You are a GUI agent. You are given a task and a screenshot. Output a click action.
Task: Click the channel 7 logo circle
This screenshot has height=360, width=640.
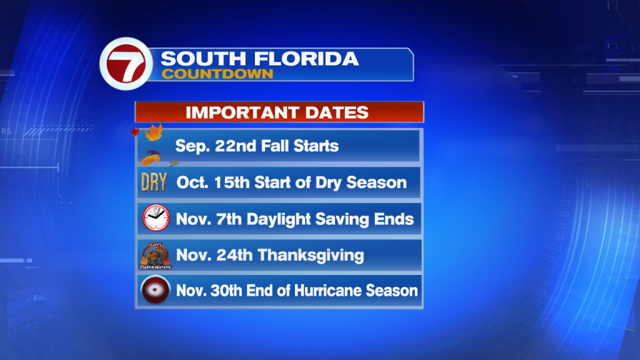coord(126,64)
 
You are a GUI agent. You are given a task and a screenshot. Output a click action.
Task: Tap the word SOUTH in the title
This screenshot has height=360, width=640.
coord(203,59)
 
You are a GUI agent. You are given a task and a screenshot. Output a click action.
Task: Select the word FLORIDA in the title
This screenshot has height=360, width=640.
coord(306,59)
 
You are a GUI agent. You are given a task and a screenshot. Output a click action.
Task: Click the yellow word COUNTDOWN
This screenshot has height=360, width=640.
coord(217,74)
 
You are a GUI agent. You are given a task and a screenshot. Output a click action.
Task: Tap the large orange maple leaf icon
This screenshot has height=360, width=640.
coord(154,132)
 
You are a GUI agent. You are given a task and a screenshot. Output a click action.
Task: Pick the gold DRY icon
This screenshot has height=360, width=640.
coord(154,182)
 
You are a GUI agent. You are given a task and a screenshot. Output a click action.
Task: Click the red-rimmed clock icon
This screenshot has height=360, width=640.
coord(156,217)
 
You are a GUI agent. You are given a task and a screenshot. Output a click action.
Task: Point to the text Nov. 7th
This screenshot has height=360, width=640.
coord(209,219)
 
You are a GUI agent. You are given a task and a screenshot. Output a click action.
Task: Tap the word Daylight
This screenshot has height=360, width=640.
coord(279,219)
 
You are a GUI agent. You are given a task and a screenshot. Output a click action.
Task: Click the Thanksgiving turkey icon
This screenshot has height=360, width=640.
coord(155,256)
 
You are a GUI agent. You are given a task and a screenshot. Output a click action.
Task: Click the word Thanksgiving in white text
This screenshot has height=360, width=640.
coord(311,256)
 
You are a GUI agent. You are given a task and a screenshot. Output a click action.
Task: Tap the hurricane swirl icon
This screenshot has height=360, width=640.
coord(155,290)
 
